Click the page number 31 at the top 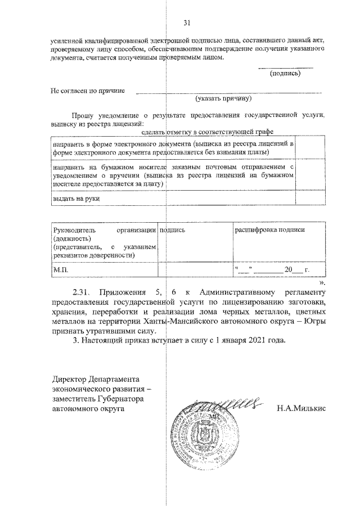(x=187, y=23)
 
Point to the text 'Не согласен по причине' (x=88, y=90)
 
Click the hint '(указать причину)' (x=223, y=98)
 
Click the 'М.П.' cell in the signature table (x=60, y=270)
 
